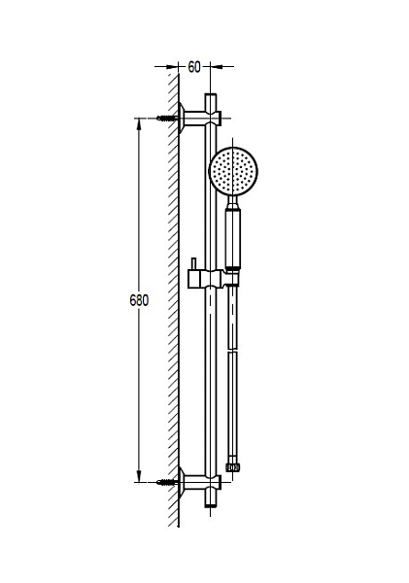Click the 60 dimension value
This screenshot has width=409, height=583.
(194, 67)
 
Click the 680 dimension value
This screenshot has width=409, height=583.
(139, 300)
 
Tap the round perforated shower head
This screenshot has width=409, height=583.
(233, 171)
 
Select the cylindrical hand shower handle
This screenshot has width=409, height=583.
(233, 239)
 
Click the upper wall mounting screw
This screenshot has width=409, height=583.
(166, 119)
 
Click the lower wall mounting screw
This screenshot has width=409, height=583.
(166, 482)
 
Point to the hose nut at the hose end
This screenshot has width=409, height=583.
(233, 467)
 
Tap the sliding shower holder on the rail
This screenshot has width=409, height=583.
(213, 279)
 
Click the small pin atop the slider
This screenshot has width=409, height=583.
(193, 264)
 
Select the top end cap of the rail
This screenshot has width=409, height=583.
(211, 98)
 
